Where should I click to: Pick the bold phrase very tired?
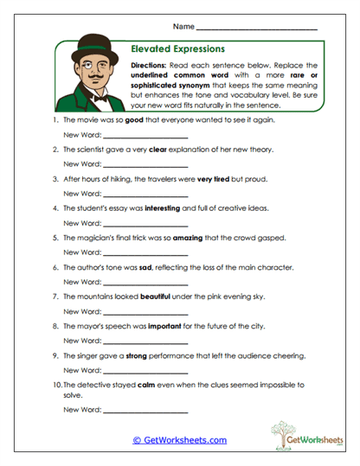[x=197, y=179]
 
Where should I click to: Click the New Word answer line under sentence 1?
[x=145, y=136]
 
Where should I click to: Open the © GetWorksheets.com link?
[x=179, y=440]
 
